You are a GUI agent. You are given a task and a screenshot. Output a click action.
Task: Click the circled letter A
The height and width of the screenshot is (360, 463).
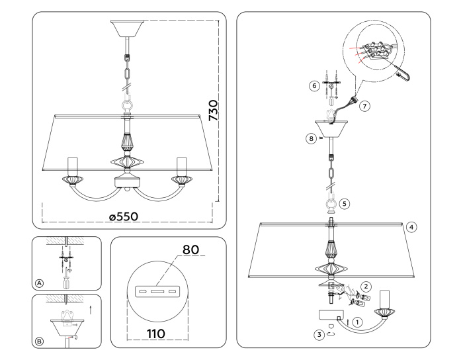40,283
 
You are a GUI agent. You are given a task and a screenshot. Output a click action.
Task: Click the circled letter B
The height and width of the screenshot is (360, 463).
40,341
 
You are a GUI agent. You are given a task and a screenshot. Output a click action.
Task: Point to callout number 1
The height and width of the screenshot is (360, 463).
358,323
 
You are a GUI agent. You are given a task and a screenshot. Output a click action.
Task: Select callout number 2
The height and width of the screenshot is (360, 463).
366,287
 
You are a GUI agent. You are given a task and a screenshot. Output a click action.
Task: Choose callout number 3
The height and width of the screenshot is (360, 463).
319,335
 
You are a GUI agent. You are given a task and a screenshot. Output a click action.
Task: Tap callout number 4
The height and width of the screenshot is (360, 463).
411,227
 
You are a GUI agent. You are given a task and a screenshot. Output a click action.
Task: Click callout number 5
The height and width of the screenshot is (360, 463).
345,204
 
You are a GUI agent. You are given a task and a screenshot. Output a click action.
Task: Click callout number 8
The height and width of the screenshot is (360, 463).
309,138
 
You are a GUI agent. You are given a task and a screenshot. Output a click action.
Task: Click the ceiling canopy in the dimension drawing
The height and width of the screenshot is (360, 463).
126,27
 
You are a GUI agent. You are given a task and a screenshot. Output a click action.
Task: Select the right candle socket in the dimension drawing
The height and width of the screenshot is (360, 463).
180,165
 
